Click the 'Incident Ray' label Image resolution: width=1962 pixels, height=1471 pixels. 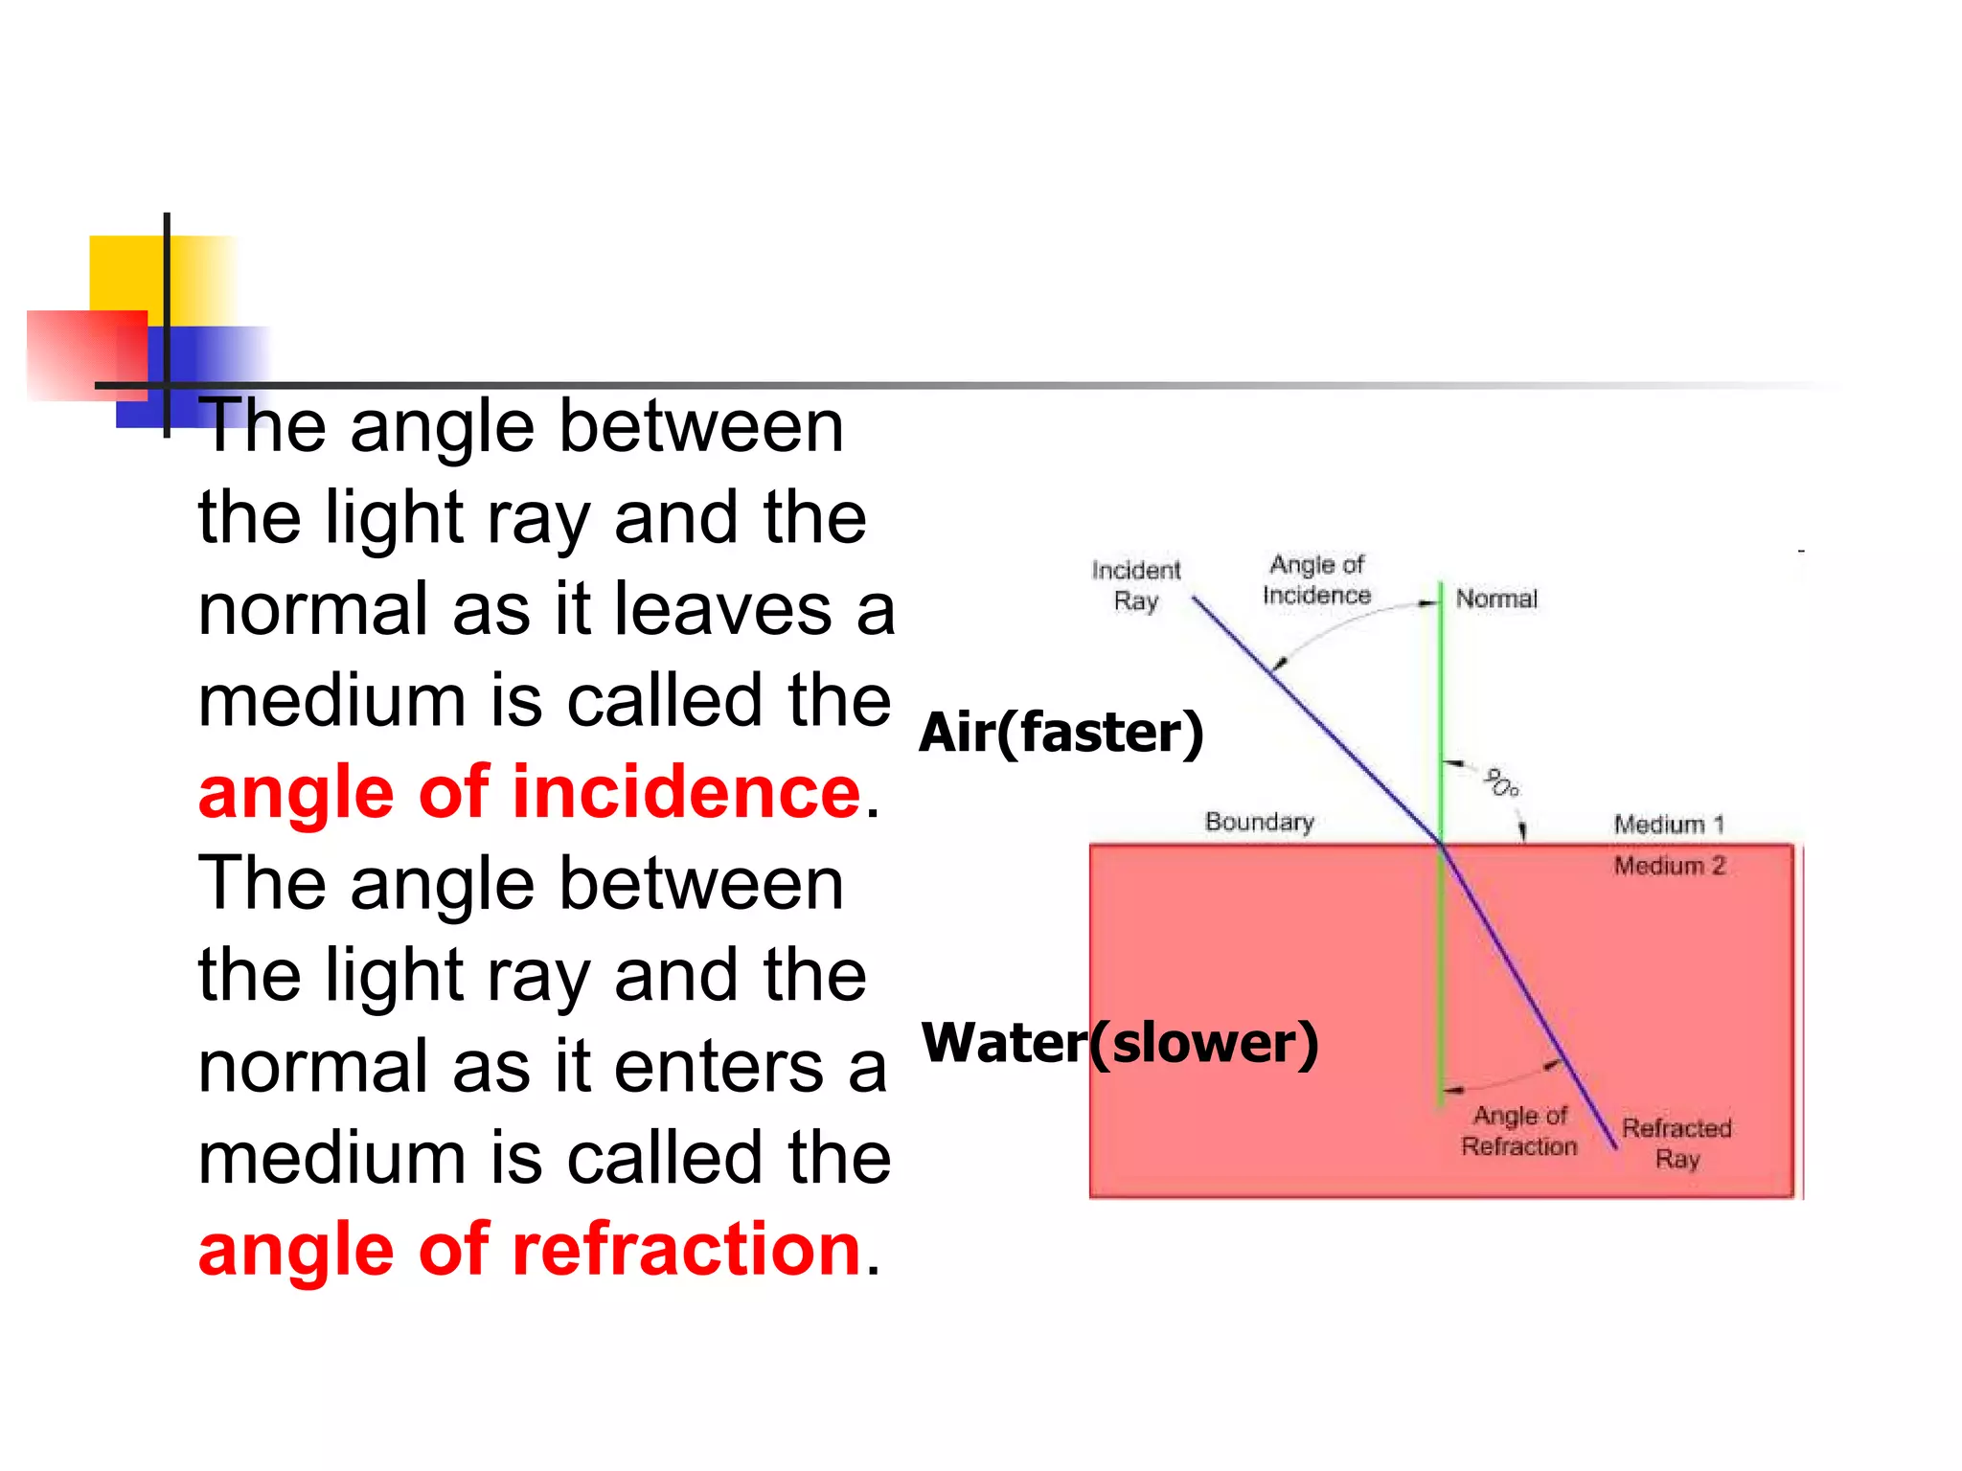pyautogui.click(x=1136, y=585)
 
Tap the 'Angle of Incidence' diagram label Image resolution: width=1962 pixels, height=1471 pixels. pyautogui.click(x=1316, y=579)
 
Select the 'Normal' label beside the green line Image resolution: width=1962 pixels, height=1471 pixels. pyautogui.click(x=1496, y=600)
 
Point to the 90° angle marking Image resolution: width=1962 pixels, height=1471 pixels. pyautogui.click(x=1500, y=782)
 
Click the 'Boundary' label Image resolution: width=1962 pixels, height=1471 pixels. pyautogui.click(x=1259, y=823)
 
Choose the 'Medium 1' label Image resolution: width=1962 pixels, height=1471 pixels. pyautogui.click(x=1668, y=825)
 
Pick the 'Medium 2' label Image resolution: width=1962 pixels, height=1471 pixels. pyautogui.click(x=1669, y=866)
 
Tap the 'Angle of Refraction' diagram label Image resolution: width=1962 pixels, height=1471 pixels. pyautogui.click(x=1519, y=1131)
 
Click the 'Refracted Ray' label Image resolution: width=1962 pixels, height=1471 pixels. pyautogui.click(x=1677, y=1143)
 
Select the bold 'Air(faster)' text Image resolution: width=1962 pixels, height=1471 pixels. pyautogui.click(x=1061, y=733)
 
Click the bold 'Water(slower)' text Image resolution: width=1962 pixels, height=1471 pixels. pyautogui.click(x=1119, y=1043)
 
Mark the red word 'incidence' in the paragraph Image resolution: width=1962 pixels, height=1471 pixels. pyautogui.click(x=686, y=793)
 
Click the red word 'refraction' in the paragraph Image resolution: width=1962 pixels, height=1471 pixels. pyautogui.click(x=686, y=1250)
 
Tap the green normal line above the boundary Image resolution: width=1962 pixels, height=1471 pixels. pyautogui.click(x=1441, y=690)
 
